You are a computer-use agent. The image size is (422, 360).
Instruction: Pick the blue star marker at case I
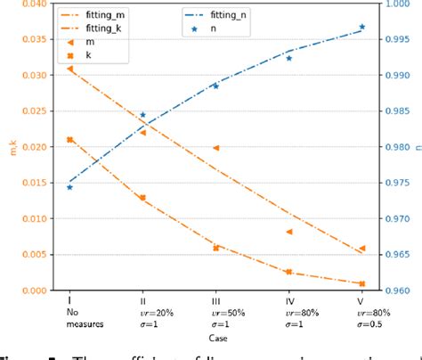coord(69,187)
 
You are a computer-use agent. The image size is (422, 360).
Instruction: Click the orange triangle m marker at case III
coord(215,148)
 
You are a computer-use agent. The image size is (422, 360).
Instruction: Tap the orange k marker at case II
coord(142,198)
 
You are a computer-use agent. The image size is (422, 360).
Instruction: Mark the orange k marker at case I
coord(69,140)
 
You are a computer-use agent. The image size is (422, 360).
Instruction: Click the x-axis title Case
coord(215,337)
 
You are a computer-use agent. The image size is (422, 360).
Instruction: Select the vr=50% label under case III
coord(215,312)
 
